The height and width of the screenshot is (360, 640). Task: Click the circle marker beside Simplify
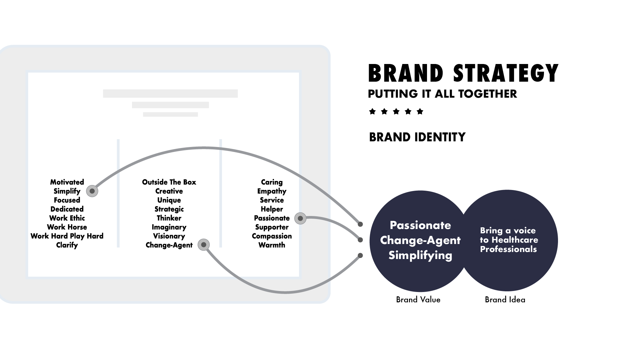92,191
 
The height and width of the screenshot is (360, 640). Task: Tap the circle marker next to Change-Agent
204,245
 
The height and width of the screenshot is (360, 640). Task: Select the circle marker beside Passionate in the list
300,218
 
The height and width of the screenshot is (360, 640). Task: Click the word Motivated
67,182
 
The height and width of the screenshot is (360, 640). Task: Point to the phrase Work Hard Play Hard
67,236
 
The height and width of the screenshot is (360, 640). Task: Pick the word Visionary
169,236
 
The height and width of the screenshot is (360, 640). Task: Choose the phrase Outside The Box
169,182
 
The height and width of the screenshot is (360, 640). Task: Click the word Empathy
272,191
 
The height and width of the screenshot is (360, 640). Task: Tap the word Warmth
272,245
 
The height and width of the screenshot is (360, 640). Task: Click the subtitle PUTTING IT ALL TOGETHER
442,94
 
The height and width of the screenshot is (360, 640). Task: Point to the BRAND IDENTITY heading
417,137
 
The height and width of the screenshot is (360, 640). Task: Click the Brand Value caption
418,300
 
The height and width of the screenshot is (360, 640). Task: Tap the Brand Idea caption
505,300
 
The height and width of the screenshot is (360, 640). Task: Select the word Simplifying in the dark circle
420,255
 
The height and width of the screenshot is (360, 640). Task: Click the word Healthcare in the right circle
515,240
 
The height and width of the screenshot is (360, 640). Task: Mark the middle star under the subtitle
396,111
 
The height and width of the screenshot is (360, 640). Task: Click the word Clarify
67,245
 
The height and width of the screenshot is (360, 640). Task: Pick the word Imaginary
169,227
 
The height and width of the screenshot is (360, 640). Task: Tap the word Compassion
272,236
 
